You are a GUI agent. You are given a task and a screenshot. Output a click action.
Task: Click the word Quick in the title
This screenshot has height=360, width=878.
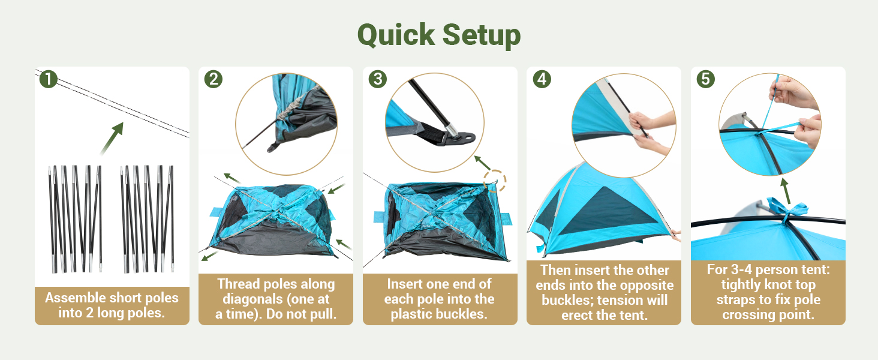[x=396, y=35]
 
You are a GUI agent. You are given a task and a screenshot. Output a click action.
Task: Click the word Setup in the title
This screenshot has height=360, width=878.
[x=482, y=35]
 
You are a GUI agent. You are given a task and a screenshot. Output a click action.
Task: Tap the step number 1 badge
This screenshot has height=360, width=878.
[x=49, y=79]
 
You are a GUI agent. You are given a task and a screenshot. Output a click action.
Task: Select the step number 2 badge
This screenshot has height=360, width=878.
[x=214, y=79]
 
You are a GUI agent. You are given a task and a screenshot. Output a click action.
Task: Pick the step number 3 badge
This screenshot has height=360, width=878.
[x=377, y=79]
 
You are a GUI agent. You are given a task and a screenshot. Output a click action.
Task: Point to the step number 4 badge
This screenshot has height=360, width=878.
[x=542, y=79]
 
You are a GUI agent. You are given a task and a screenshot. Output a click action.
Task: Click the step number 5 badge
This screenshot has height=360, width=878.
[x=705, y=79]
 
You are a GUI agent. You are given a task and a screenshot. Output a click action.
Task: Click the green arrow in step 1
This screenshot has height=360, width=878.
[x=112, y=138]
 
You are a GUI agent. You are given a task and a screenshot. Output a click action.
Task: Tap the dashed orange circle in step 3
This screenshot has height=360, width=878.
[x=495, y=181]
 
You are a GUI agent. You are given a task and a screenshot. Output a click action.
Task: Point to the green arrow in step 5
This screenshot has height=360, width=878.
[x=785, y=191]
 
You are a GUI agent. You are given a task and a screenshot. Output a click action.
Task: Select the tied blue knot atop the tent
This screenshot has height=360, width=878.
[x=787, y=208]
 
